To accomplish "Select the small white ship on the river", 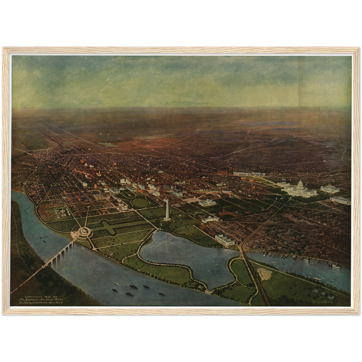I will point(116,284).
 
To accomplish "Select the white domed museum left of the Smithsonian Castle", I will point(207,202).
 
